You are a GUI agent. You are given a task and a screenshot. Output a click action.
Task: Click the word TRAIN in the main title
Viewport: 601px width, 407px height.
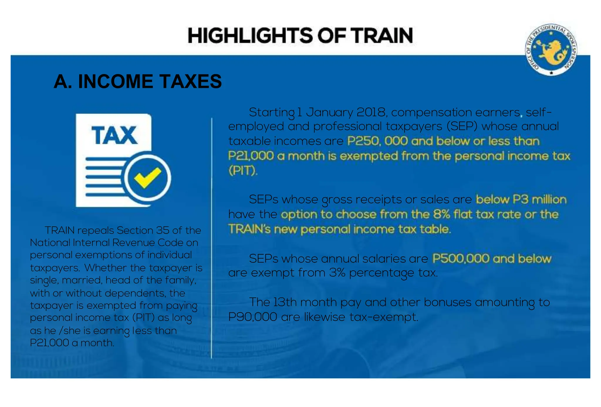(383, 36)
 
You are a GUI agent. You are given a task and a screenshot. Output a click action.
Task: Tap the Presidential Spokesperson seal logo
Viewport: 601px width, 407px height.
(551, 49)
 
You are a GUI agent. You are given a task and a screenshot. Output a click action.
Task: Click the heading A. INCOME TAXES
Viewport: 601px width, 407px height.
(138, 81)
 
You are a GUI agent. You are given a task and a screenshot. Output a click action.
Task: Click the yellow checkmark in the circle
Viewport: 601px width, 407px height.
(147, 178)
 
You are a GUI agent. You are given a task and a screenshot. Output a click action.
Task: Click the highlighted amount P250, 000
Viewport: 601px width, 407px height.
(377, 141)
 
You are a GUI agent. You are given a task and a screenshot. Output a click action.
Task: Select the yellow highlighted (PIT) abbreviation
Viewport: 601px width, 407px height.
(243, 170)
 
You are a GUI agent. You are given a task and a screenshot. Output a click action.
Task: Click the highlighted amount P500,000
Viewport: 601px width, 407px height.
(461, 259)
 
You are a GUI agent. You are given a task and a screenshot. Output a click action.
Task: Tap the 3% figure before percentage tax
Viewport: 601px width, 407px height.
(337, 273)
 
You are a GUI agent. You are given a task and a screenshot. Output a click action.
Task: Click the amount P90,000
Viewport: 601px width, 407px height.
(253, 317)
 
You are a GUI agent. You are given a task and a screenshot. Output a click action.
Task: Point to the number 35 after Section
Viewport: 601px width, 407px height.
(163, 230)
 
